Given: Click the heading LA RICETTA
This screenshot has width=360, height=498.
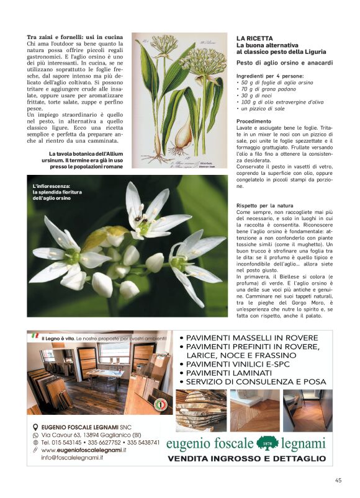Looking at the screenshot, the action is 254,38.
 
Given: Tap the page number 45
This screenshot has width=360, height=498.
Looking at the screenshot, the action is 338,479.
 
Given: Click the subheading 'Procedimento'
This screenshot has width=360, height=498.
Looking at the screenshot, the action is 254,122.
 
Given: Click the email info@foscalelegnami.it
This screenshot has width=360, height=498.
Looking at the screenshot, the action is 67,458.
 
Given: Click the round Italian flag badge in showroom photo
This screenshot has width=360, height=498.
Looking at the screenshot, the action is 160,405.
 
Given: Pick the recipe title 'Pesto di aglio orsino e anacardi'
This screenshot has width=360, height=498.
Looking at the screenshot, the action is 284,63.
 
